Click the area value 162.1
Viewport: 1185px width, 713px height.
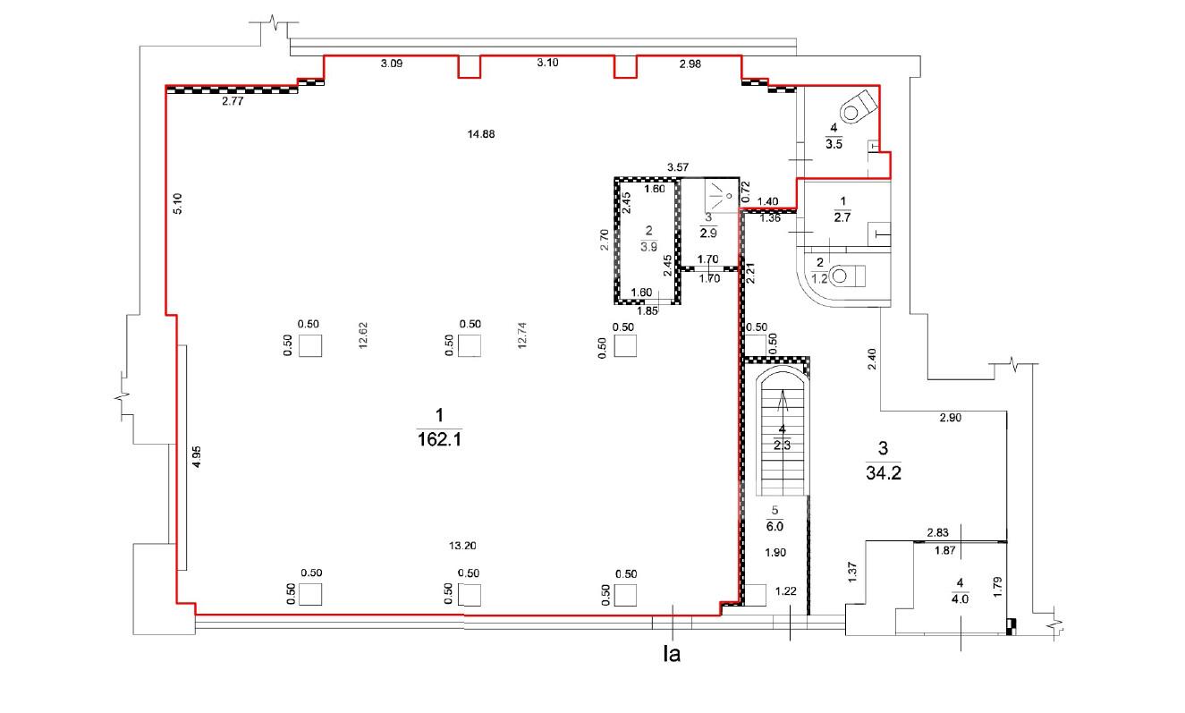tap(440, 439)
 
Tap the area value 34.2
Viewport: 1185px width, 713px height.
tap(884, 472)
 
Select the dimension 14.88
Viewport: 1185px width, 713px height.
tap(481, 134)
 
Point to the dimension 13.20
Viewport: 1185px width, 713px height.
tap(462, 546)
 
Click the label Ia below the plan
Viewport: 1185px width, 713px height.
tap(672, 654)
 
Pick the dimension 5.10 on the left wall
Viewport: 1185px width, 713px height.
tap(178, 203)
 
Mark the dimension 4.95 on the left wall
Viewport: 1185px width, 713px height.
tap(196, 457)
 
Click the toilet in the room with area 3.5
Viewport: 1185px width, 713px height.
tap(858, 107)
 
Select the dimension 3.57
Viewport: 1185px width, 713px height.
tap(678, 167)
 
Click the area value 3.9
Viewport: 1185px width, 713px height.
tap(649, 247)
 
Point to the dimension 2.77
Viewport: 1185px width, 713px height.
tap(233, 101)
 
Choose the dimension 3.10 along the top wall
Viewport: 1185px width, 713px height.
tap(547, 63)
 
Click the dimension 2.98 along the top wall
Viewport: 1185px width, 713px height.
tap(690, 64)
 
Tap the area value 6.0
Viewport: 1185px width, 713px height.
tap(775, 526)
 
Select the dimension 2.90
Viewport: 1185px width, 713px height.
tap(950, 418)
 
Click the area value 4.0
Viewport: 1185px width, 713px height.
tap(961, 599)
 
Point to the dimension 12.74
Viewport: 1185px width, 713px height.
tap(522, 335)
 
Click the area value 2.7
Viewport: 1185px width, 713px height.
tap(842, 217)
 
